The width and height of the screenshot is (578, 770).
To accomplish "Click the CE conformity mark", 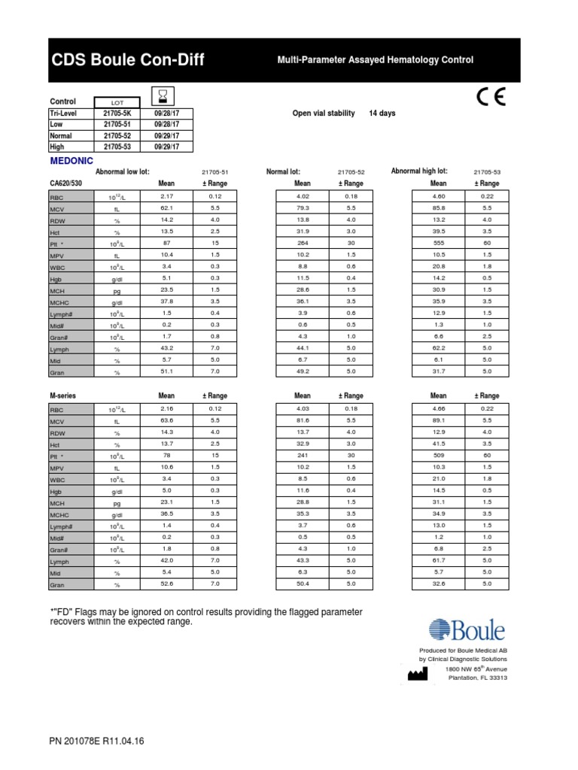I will [491, 98].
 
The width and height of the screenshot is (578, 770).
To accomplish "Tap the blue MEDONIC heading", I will [71, 161].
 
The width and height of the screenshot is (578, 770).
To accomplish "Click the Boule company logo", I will [467, 630].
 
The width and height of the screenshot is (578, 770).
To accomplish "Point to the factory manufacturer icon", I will [416, 674].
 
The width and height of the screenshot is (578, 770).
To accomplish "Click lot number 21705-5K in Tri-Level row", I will [117, 113].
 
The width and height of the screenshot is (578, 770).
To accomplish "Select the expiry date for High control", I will [166, 147].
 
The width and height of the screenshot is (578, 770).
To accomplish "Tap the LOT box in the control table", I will [117, 102].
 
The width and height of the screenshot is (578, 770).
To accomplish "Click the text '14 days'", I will [382, 114].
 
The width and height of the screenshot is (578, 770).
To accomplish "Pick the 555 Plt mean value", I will [438, 243].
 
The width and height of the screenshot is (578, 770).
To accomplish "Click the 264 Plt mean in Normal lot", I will [303, 243].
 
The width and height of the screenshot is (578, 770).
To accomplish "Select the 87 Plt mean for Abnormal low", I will [166, 243].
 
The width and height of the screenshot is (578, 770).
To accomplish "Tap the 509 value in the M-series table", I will [438, 455].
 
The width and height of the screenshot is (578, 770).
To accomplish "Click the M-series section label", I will [62, 396].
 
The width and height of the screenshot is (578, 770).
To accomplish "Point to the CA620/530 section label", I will [66, 183].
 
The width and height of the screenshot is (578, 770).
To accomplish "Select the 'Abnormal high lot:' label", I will [419, 171].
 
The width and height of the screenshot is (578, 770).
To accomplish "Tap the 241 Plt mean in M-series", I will [303, 455].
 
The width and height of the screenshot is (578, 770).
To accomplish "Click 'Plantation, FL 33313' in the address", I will [477, 678].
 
